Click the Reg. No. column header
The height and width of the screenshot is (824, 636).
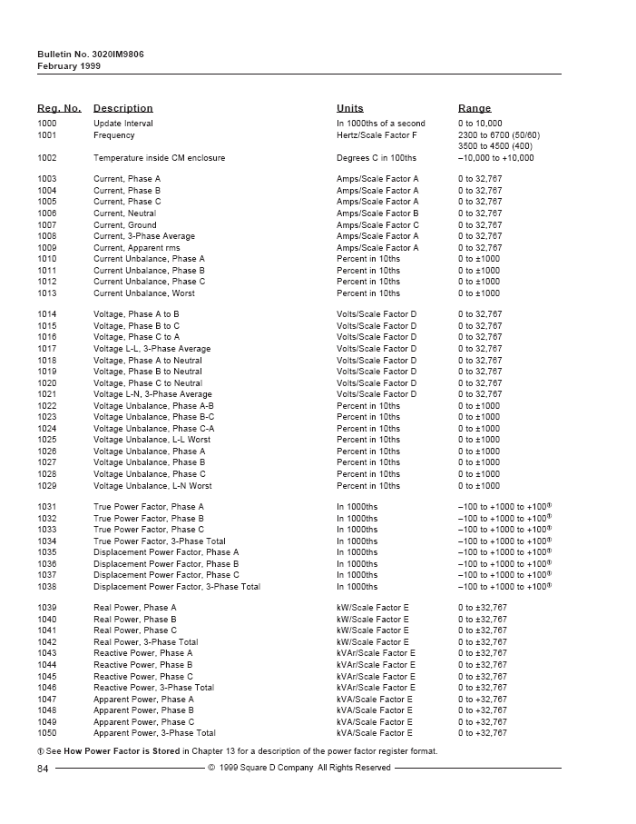59,108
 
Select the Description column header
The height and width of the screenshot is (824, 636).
122,108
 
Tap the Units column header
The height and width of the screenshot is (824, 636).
349,108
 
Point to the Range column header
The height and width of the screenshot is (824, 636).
475,108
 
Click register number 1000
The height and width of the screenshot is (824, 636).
47,124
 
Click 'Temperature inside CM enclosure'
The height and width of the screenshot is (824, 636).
159,158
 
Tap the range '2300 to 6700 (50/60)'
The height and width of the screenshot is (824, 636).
499,134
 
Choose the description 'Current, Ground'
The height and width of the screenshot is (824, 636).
124,225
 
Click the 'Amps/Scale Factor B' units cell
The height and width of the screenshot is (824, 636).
377,213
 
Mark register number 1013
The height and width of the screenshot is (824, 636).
47,293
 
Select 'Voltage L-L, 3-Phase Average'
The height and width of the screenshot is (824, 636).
152,349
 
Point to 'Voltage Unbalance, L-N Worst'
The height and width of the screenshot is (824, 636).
152,486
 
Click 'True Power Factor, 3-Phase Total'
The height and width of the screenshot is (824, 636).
160,541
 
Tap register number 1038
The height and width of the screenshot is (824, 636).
47,587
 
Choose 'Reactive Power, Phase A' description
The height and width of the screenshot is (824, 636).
143,653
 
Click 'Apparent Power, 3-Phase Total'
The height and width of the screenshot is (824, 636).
154,733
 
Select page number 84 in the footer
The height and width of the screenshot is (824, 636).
43,768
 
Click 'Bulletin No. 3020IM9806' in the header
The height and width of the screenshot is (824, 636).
90,55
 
